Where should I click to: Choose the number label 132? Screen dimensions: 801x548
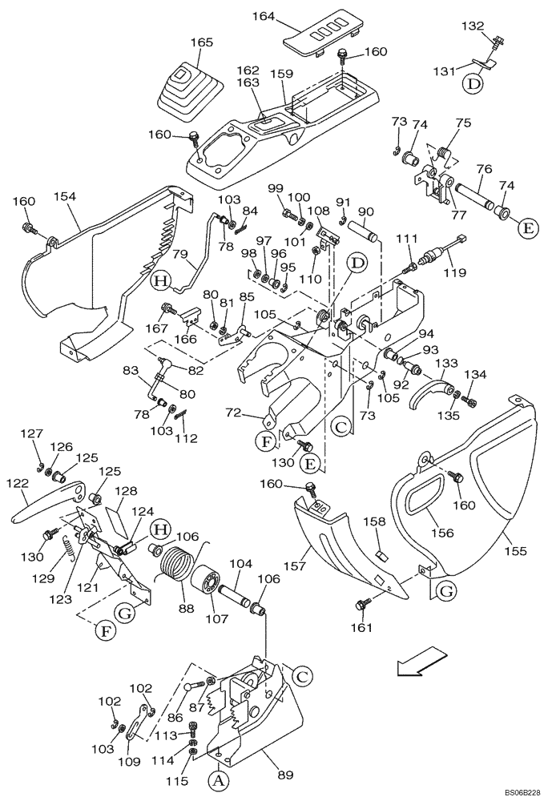[x=473, y=26]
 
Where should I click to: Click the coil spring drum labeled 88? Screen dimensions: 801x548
[x=181, y=567]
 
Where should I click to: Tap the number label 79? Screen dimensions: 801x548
[x=179, y=256]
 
